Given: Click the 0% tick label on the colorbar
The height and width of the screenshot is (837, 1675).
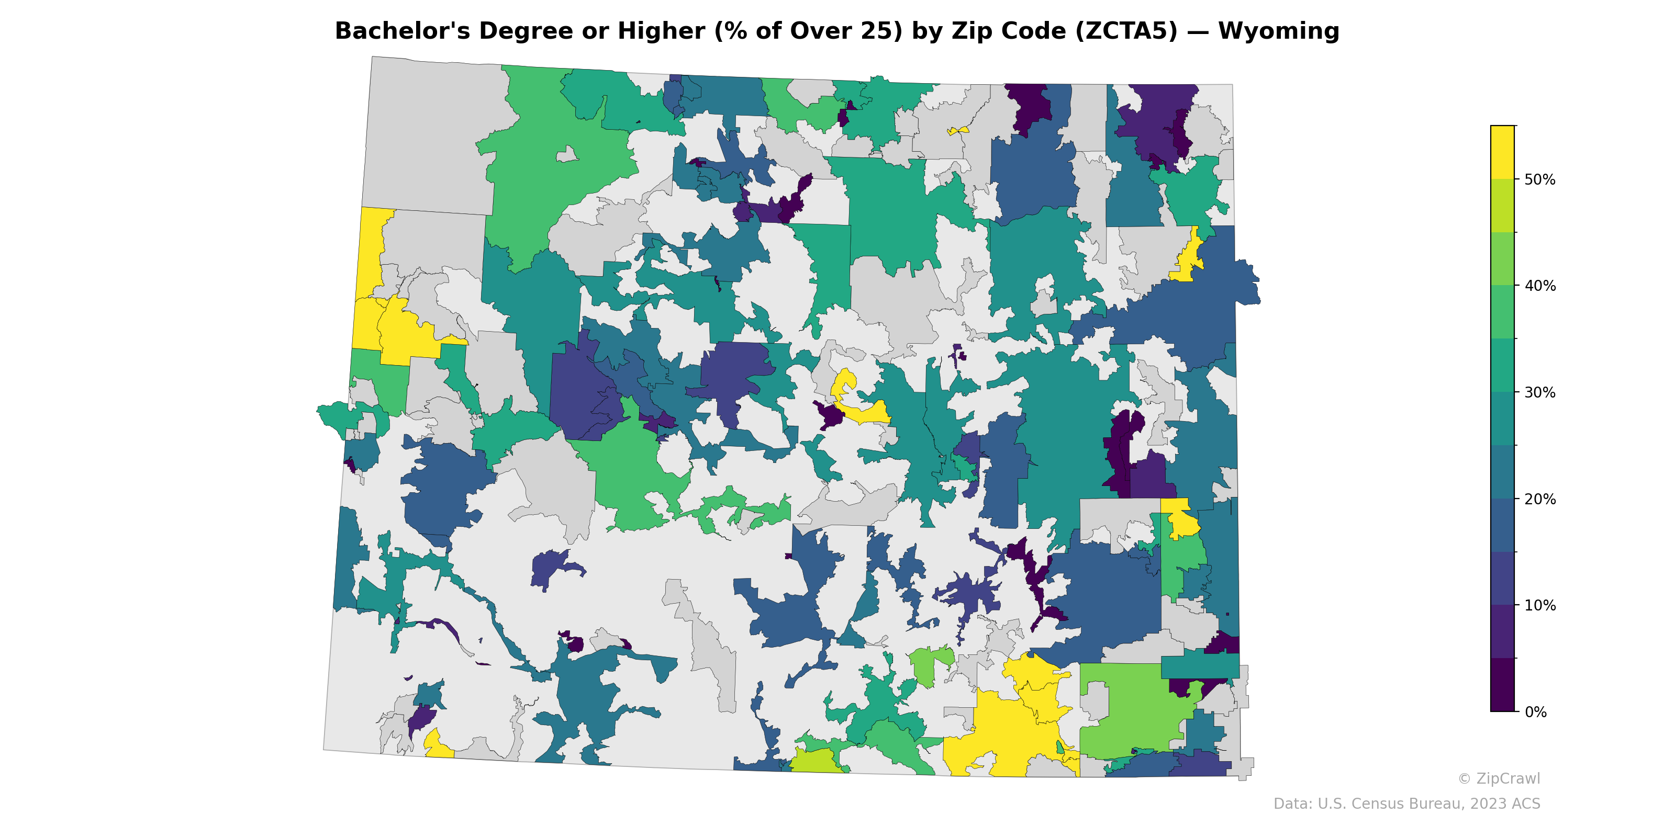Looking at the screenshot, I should (x=1535, y=712).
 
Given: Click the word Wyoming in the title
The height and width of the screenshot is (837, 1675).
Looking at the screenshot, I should (x=1278, y=31).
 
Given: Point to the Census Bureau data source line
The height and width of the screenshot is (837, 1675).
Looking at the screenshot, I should (x=1406, y=804).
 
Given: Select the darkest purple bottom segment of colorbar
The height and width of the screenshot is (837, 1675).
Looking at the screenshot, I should (x=1502, y=686).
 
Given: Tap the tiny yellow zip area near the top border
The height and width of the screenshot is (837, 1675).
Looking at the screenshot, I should (x=958, y=131).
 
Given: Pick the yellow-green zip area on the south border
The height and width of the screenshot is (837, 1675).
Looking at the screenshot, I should (x=816, y=760).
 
